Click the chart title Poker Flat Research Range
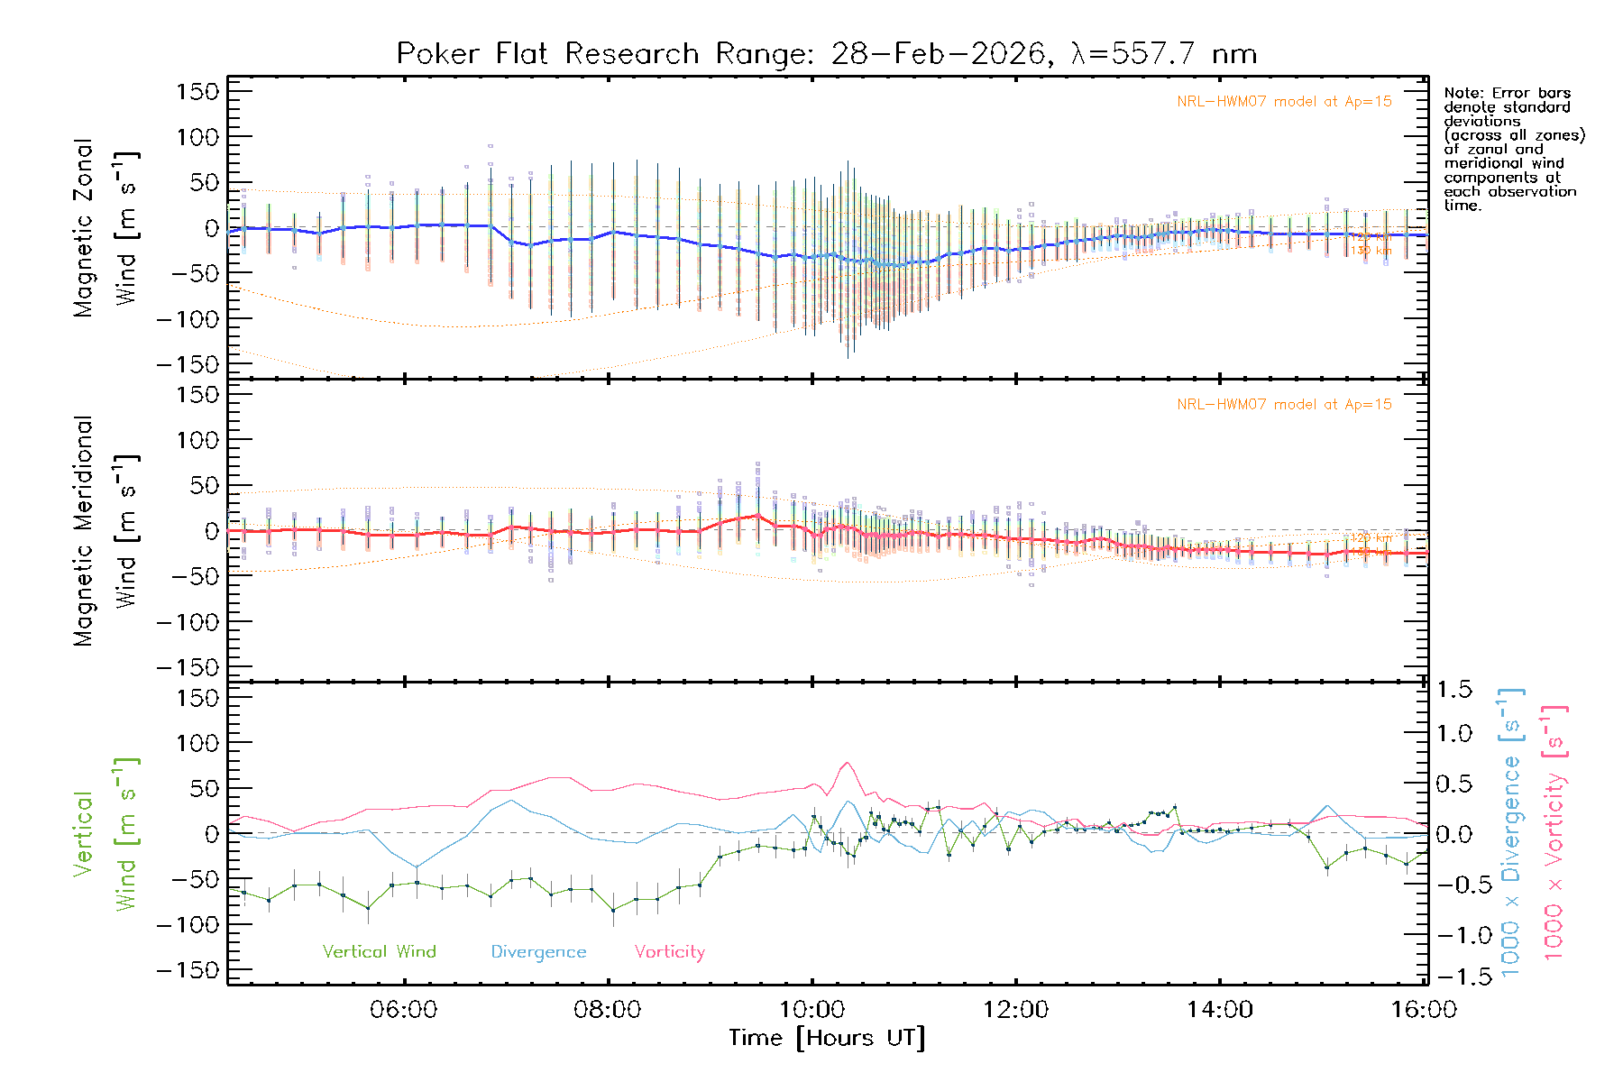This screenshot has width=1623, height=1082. [826, 54]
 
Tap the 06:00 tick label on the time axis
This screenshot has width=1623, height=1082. [403, 1009]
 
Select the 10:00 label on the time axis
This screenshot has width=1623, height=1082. [811, 1009]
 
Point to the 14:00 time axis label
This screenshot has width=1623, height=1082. [1219, 1009]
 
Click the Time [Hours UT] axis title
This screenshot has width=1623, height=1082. [827, 1038]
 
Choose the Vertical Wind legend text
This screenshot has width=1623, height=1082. [379, 951]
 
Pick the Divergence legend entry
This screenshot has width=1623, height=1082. [538, 952]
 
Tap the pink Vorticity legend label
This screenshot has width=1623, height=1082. [669, 951]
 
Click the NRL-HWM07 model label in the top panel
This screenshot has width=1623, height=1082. [1284, 102]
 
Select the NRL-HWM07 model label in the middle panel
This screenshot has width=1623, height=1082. [1284, 405]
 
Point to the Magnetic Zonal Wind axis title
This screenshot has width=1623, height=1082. [105, 228]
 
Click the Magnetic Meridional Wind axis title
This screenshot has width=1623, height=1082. [105, 531]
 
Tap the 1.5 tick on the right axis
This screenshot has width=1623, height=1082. [1454, 690]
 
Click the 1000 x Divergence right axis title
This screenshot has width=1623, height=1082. [1510, 832]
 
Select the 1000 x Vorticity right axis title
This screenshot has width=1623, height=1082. [1554, 832]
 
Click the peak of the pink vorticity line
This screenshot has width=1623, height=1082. [846, 763]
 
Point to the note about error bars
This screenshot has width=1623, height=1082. [1513, 149]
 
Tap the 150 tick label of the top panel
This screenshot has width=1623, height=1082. [197, 91]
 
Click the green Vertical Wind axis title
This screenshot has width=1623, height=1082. [105, 834]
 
